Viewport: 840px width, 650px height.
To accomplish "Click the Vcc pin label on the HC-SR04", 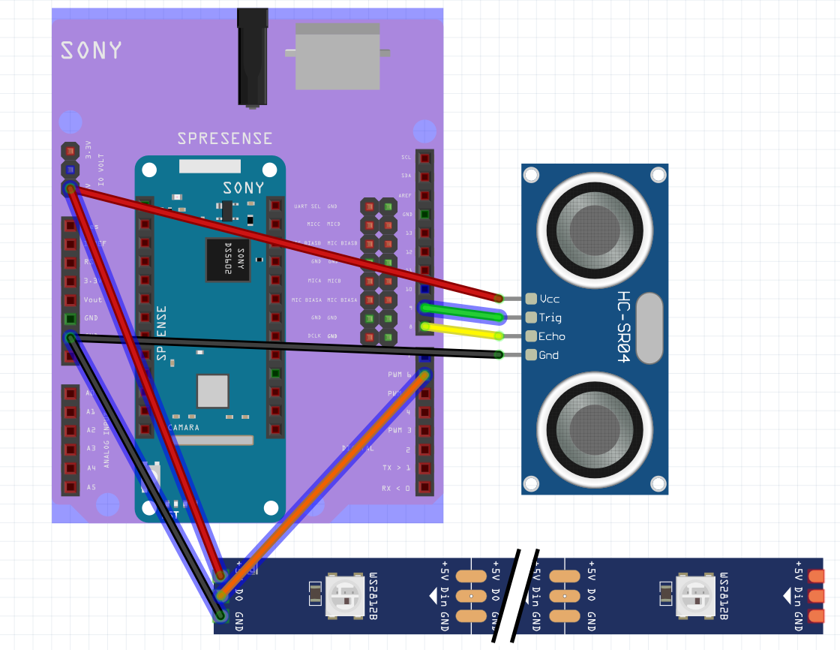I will [x=550, y=299].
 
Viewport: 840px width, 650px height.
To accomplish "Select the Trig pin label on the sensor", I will [x=550, y=317].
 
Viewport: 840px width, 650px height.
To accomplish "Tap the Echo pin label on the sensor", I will [x=551, y=336].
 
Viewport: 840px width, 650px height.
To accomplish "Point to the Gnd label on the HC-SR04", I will [x=549, y=355].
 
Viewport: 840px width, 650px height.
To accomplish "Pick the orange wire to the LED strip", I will [x=322, y=484].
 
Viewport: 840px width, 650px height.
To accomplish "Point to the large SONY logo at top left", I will [x=91, y=50].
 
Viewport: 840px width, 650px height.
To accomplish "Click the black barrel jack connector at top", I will [x=253, y=56].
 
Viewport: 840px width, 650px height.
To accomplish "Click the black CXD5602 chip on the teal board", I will [x=228, y=260].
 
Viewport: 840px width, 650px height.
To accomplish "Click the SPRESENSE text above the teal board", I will [x=224, y=139].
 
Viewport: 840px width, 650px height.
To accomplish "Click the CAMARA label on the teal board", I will [x=184, y=427].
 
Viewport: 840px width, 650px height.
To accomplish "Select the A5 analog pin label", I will [x=91, y=487].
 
